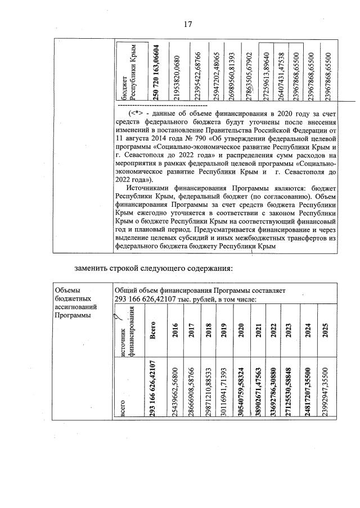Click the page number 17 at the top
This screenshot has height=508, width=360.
coord(188,24)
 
